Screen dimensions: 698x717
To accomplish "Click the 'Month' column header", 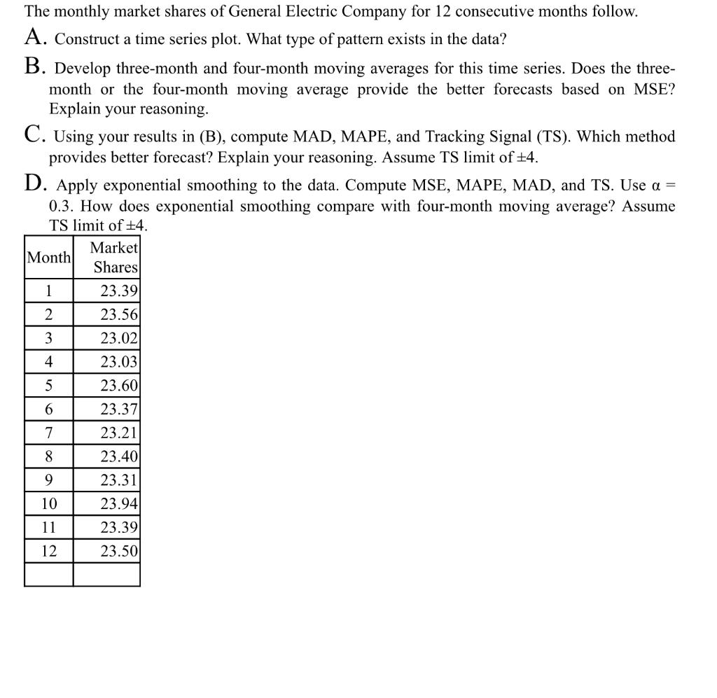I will pyautogui.click(x=48, y=258).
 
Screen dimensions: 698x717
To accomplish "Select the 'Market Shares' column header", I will pyautogui.click(x=116, y=258).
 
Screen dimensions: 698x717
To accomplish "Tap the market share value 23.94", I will pyautogui.click(x=119, y=503).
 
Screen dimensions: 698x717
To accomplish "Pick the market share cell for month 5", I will pyautogui.click(x=119, y=386).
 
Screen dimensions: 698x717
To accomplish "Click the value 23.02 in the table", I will pyautogui.click(x=119, y=338).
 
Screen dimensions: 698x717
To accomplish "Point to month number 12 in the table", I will pyautogui.click(x=48, y=551).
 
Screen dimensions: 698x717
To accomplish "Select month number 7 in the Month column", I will pyautogui.click(x=48, y=433).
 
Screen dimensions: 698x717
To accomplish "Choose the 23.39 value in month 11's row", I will pyautogui.click(x=119, y=527).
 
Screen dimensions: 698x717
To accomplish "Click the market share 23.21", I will pyautogui.click(x=119, y=433).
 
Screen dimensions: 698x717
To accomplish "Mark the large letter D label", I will pyautogui.click(x=37, y=185).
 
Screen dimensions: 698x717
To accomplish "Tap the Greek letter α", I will pyautogui.click(x=655, y=186).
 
